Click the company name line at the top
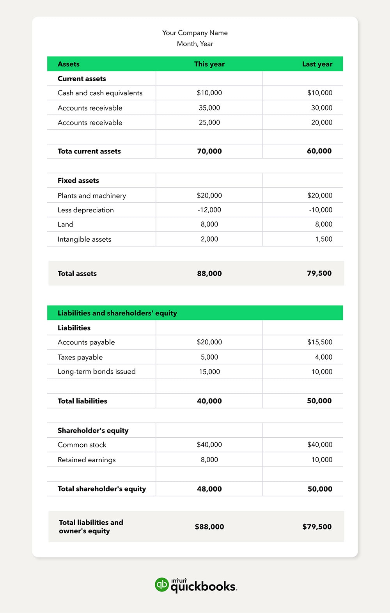[x=195, y=33]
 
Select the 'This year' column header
[x=209, y=64]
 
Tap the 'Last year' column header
[x=317, y=64]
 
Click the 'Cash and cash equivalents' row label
[x=100, y=93]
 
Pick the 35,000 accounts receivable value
[x=209, y=108]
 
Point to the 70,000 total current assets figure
[x=209, y=151]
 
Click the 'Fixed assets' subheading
[x=78, y=180]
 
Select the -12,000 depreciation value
[x=209, y=210]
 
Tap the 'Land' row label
[x=66, y=225]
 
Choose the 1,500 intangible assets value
[x=324, y=239]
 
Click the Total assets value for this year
[x=209, y=274]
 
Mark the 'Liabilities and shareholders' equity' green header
[x=117, y=313]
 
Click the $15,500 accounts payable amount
[x=320, y=342]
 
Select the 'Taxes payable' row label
[x=80, y=357]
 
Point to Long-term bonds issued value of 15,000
[x=209, y=372]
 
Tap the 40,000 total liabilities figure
[x=209, y=401]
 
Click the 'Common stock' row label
[x=82, y=445]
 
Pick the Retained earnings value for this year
[x=209, y=460]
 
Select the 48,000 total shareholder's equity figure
[x=209, y=489]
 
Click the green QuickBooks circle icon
[x=161, y=584]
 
